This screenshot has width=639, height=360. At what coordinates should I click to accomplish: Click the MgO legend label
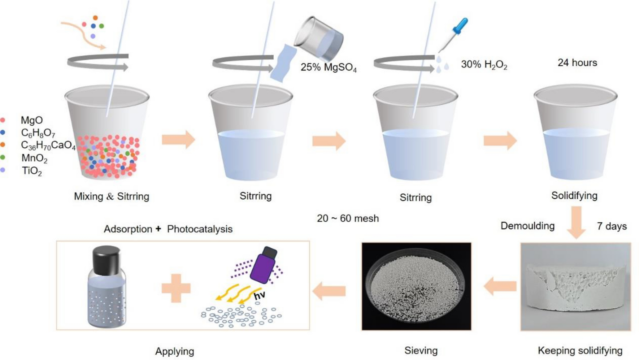point(32,120)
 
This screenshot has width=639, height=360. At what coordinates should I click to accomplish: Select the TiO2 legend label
point(32,171)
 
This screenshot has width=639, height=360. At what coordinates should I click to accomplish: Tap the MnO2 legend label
point(34,158)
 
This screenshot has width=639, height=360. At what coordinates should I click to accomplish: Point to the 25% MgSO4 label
point(328,67)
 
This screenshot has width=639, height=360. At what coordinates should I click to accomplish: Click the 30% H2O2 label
point(484,65)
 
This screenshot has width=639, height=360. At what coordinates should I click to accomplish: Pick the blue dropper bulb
point(461,26)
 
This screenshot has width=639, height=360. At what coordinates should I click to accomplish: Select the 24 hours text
point(577,63)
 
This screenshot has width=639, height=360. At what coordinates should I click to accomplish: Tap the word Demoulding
point(527,226)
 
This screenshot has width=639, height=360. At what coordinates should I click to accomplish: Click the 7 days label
point(612,226)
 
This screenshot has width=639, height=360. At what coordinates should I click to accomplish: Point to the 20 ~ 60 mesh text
point(348,218)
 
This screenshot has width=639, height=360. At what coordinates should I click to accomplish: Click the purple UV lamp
point(263,266)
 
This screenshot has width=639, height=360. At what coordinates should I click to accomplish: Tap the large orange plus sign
point(176,288)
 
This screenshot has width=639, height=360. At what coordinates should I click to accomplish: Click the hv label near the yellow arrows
point(260,296)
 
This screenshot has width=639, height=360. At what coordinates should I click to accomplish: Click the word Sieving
point(421,351)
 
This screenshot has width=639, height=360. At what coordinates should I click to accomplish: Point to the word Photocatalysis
point(200,229)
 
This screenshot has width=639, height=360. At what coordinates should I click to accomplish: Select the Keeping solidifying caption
point(580,351)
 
